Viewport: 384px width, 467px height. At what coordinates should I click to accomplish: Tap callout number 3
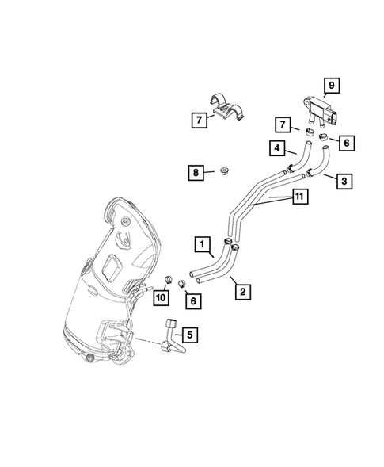coord(344,181)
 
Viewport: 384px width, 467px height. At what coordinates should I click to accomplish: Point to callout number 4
coord(276,147)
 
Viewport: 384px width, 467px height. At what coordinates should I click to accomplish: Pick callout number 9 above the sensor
coord(332,85)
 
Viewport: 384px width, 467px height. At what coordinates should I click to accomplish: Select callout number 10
coord(160,297)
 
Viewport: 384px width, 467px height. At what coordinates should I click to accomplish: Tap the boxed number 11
coord(299,197)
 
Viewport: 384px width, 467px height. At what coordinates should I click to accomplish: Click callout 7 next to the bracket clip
coord(197,121)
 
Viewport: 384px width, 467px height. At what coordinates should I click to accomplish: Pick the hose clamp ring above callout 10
coord(168,279)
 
